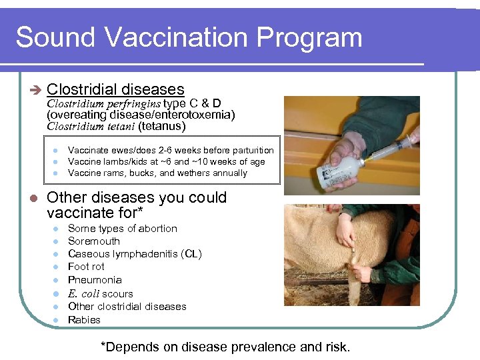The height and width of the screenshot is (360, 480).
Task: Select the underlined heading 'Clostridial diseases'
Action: (x=115, y=89)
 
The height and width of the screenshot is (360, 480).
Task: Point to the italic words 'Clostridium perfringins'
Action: (x=103, y=103)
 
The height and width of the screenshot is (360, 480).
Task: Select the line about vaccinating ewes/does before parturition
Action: (x=171, y=150)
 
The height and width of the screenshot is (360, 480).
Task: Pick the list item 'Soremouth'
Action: (x=94, y=241)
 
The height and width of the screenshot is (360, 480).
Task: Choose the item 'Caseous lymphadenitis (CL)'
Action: (x=135, y=254)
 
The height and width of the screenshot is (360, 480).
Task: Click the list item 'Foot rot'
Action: (x=86, y=267)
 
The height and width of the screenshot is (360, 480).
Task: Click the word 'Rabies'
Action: (x=84, y=320)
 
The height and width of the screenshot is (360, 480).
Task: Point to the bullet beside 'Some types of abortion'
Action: (x=56, y=229)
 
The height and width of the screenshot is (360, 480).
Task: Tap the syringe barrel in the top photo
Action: (x=396, y=146)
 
